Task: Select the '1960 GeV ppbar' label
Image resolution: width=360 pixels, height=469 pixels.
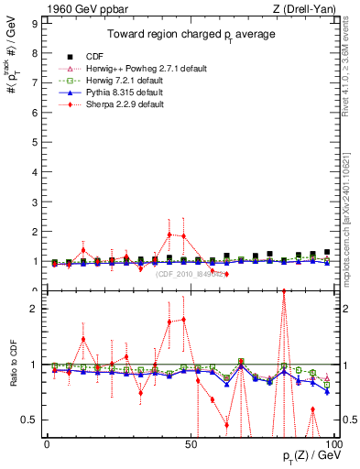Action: pos(73,9)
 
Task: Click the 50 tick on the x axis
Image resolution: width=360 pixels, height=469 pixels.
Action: pos(190,443)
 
